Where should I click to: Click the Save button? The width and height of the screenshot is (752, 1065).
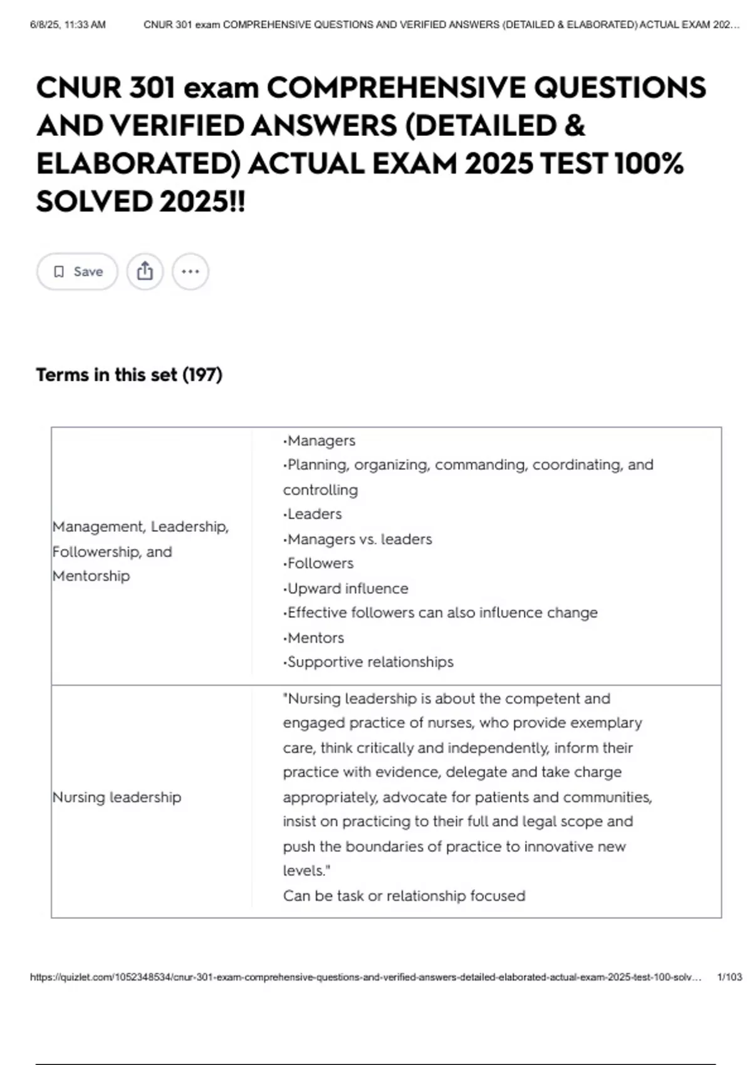77,271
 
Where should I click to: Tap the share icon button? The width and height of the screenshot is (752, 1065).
145,271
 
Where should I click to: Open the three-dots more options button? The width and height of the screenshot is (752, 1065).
190,271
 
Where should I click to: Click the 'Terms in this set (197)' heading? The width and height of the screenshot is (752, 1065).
129,375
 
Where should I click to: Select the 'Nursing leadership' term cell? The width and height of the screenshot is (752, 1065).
117,797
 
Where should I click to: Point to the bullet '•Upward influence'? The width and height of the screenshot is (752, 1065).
345,588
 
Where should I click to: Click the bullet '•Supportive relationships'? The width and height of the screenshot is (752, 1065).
368,662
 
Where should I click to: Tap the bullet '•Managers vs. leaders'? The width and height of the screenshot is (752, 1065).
357,539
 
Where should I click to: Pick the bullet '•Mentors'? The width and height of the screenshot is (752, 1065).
313,638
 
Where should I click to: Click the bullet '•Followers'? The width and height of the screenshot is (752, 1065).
318,563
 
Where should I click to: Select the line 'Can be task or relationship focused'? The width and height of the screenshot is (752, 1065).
404,895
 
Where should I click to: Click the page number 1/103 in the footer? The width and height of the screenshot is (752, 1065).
729,977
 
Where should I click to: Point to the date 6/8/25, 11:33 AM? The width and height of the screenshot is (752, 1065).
68,25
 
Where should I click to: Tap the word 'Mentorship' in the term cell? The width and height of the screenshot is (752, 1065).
91,576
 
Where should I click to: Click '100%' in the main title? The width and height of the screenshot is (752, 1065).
649,164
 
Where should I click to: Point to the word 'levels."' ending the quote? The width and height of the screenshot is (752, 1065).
306,870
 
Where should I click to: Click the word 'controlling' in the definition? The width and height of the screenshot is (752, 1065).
320,489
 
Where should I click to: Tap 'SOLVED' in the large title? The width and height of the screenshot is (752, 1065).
94,201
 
